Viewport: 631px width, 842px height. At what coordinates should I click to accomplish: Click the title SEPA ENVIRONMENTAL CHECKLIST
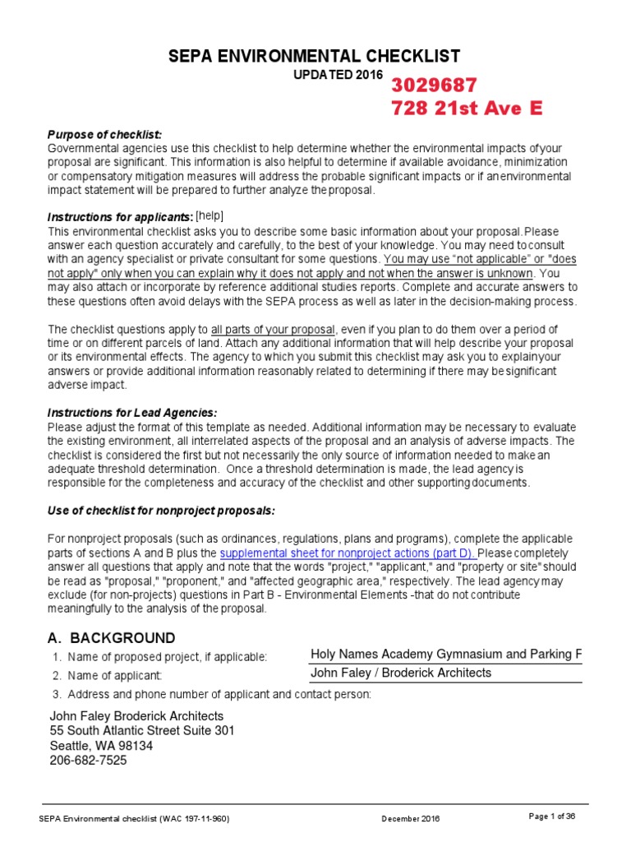[x=315, y=56]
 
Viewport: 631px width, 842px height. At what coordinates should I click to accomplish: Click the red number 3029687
[x=434, y=86]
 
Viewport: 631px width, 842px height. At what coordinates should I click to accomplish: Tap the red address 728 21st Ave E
[x=466, y=109]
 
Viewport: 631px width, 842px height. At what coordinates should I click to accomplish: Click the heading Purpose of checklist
[x=104, y=134]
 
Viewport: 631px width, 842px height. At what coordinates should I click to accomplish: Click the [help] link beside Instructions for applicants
[x=210, y=215]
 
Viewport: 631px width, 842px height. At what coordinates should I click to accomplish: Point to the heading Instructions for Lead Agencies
[x=132, y=412]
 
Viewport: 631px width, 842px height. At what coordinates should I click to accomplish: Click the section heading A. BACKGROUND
[x=112, y=638]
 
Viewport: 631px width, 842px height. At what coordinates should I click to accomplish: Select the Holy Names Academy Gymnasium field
[x=445, y=655]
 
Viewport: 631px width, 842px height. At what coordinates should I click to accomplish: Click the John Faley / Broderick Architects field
[x=401, y=673]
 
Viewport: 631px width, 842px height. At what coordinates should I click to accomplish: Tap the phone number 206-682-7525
[x=89, y=761]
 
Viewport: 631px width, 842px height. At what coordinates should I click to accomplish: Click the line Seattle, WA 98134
[x=101, y=746]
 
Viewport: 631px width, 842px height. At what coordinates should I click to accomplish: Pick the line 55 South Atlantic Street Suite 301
[x=143, y=731]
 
